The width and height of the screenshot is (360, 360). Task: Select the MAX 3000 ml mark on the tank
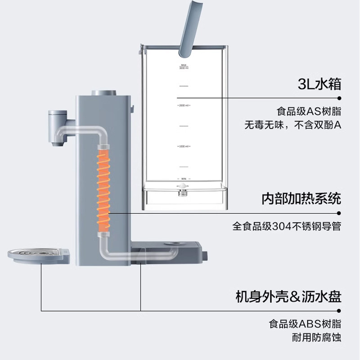click(183, 67)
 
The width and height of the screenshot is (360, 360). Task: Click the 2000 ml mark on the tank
click(183, 106)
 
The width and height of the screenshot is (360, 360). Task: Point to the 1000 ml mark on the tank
click(183, 147)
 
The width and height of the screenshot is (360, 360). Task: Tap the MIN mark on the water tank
click(183, 179)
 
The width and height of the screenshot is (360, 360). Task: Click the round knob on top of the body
click(104, 92)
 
